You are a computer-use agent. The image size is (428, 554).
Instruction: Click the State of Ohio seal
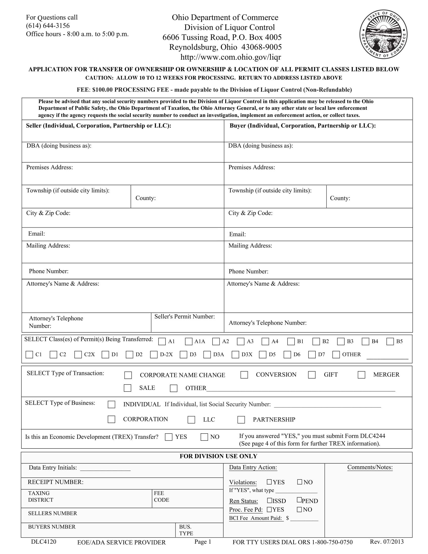pyautogui.click(x=383, y=34)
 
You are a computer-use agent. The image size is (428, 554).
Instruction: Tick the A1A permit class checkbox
pyautogui.click(x=189, y=341)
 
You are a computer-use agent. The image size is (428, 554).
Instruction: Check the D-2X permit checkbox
pyautogui.click(x=154, y=355)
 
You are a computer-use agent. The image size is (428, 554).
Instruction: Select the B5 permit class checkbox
pyautogui.click(x=390, y=341)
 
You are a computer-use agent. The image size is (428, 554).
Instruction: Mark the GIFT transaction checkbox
pyautogui.click(x=312, y=375)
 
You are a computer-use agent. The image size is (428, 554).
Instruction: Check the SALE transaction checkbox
pyautogui.click(x=127, y=388)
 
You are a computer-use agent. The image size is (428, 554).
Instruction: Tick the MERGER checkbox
pyautogui.click(x=361, y=375)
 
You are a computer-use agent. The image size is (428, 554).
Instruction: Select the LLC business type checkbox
pyautogui.click(x=191, y=420)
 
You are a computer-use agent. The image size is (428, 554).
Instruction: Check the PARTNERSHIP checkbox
pyautogui.click(x=241, y=420)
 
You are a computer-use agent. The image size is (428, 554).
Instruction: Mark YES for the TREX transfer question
pyautogui.click(x=169, y=437)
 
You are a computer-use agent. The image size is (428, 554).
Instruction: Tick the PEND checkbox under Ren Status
pyautogui.click(x=299, y=500)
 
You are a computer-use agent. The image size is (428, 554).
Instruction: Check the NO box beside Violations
pyautogui.click(x=300, y=482)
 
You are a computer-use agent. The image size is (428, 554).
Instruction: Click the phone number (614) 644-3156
pyautogui.click(x=48, y=26)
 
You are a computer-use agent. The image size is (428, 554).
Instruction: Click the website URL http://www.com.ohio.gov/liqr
pyautogui.click(x=230, y=57)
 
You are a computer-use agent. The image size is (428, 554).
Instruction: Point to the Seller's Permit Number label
pyautogui.click(x=184, y=317)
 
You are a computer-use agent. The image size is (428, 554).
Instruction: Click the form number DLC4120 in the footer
pyautogui.click(x=44, y=542)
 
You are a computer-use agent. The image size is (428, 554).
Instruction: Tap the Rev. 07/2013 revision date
pyautogui.click(x=386, y=542)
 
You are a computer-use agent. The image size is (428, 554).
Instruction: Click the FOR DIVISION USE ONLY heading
pyautogui.click(x=218, y=456)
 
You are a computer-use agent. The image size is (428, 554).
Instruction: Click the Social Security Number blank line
pyautogui.click(x=327, y=405)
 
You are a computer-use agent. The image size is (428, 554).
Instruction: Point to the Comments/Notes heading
pyautogui.click(x=370, y=467)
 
